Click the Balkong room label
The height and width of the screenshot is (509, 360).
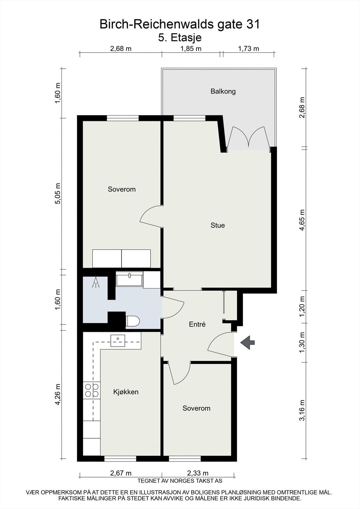coord(223,91)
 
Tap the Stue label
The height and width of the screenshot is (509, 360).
coord(218,225)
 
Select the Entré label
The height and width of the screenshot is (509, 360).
coord(197,324)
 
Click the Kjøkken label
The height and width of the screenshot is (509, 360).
coord(126,392)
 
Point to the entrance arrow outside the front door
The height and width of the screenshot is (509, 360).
coord(247,342)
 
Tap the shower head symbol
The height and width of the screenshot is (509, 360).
coord(96,282)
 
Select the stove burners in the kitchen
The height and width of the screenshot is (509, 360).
coord(92,390)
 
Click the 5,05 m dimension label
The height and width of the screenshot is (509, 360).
coord(58,194)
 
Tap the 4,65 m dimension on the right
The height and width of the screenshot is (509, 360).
coord(302,220)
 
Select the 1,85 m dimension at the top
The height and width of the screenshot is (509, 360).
coord(191,49)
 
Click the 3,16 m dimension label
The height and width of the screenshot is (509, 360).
coord(302,410)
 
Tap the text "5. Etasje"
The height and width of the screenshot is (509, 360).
coord(180,38)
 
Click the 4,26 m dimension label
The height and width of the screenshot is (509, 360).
coord(58,394)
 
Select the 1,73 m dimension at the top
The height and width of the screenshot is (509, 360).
coord(248,49)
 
